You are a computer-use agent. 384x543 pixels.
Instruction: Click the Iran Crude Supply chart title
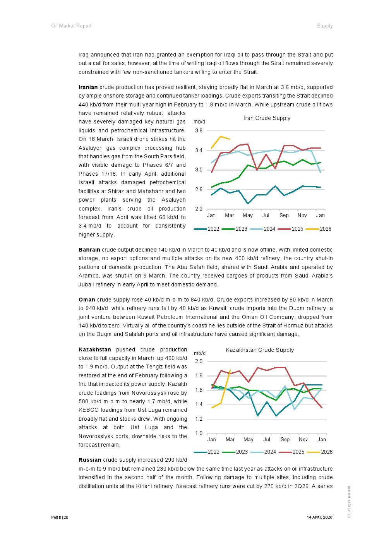[x=267, y=118]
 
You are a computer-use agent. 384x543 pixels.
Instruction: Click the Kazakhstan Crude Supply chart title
[x=259, y=350]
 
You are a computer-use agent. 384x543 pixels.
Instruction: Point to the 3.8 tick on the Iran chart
[x=199, y=131]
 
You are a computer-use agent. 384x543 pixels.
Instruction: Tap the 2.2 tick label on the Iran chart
[x=199, y=209]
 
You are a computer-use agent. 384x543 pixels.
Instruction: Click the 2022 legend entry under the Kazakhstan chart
[x=207, y=452]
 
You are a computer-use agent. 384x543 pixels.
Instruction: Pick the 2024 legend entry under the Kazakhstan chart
[x=263, y=452]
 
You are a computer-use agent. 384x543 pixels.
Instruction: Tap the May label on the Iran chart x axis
[x=247, y=215]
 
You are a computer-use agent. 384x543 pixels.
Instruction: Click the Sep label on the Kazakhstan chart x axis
[x=285, y=440]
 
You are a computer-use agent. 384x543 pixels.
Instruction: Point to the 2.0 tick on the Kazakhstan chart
[x=199, y=361]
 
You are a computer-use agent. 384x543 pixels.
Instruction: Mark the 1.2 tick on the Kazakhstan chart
[x=199, y=419]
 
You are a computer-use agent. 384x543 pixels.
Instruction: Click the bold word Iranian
[x=88, y=87]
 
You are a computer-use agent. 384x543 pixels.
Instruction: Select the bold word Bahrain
[x=89, y=250]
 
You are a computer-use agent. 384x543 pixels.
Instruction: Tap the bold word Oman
[x=87, y=300]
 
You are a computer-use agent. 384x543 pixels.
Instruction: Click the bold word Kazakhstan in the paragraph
[x=95, y=349]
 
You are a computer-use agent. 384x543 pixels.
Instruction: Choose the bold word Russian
[x=90, y=460]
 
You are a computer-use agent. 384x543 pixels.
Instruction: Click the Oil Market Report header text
[x=71, y=26]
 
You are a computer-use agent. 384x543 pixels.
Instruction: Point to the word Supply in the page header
[x=325, y=26]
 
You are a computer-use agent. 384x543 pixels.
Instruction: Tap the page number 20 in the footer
[x=66, y=517]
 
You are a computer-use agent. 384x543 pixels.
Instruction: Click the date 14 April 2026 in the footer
[x=319, y=517]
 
